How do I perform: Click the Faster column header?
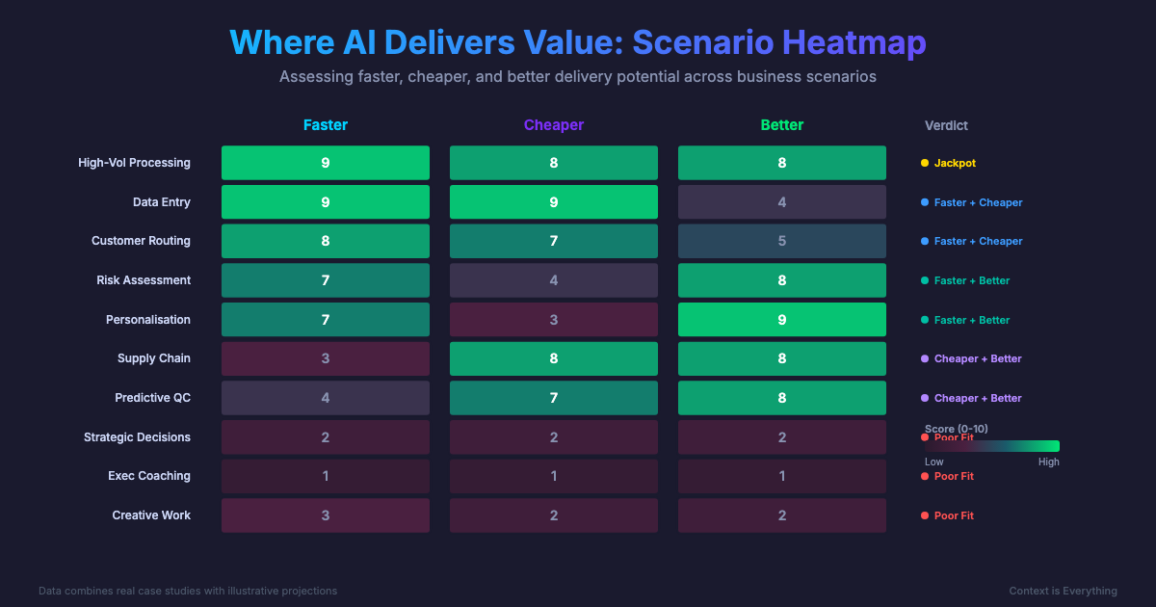tap(326, 125)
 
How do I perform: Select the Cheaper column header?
tap(554, 125)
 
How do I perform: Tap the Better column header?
tap(782, 125)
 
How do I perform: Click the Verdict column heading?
tap(946, 125)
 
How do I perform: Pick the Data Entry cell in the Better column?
tap(782, 202)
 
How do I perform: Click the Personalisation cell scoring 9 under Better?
tap(782, 320)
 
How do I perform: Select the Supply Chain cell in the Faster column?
tap(326, 358)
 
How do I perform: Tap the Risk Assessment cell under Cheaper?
tap(554, 280)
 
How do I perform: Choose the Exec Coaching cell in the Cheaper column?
tap(554, 476)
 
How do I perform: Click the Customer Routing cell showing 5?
tap(782, 241)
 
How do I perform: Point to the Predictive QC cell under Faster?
tap(326, 398)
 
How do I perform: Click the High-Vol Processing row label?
tap(134, 163)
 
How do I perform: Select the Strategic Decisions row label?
tap(137, 437)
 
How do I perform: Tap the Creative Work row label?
tap(151, 515)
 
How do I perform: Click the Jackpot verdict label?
tap(954, 163)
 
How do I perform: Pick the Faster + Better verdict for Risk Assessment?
tap(971, 280)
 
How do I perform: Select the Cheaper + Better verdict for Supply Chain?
tap(977, 358)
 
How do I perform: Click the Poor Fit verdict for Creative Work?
tap(953, 515)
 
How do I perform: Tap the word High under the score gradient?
tap(1048, 462)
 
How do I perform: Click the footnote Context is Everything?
tap(1063, 591)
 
